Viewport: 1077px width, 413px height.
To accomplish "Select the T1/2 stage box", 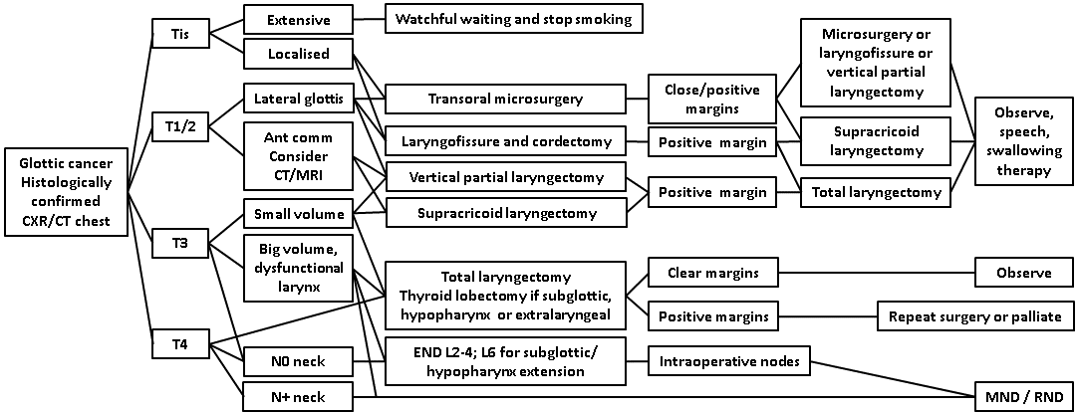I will tap(181, 126).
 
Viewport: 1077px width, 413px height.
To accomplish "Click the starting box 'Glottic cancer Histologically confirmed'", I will tap(67, 193).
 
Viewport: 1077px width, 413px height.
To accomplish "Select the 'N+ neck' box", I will tap(297, 398).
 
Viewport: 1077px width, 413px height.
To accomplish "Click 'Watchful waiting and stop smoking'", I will tap(513, 19).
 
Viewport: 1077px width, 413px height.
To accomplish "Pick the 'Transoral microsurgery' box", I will tap(505, 99).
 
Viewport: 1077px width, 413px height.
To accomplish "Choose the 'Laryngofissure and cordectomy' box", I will tap(505, 140).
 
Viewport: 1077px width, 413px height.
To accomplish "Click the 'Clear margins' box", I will tap(711, 272).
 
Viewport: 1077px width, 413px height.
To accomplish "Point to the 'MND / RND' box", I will tap(1023, 396).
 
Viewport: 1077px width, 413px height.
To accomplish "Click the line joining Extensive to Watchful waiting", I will tap(371, 20).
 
